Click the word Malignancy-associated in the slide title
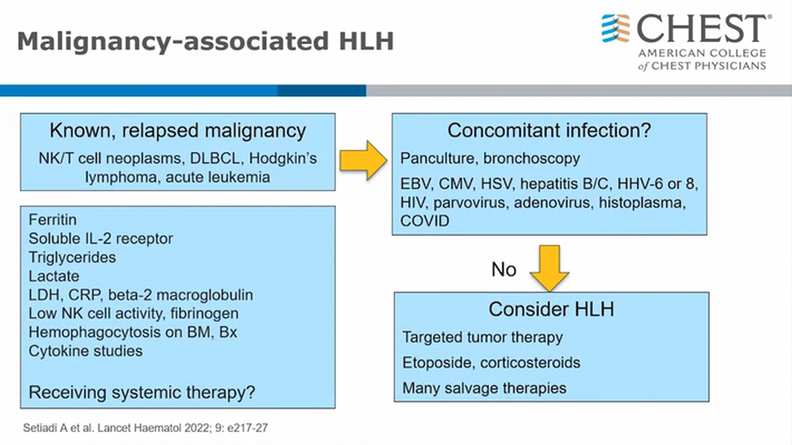[x=173, y=41]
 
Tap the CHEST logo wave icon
[x=616, y=28]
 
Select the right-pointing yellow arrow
[x=363, y=160]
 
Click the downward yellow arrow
[x=550, y=268]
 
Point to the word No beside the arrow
[x=503, y=270]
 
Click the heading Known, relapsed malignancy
[x=178, y=131]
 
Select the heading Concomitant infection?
[x=549, y=131]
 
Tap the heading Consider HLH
[x=551, y=310]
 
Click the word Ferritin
[x=52, y=220]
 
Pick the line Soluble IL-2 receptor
[x=101, y=239]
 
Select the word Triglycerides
[x=72, y=258]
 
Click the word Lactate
[x=54, y=276]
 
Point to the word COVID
[x=425, y=221]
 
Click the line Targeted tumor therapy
[x=482, y=337]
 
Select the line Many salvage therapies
[x=484, y=388]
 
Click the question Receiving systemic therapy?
[x=142, y=393]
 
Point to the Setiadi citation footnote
[x=145, y=428]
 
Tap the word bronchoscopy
[x=532, y=158]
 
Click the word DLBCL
[x=214, y=158]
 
